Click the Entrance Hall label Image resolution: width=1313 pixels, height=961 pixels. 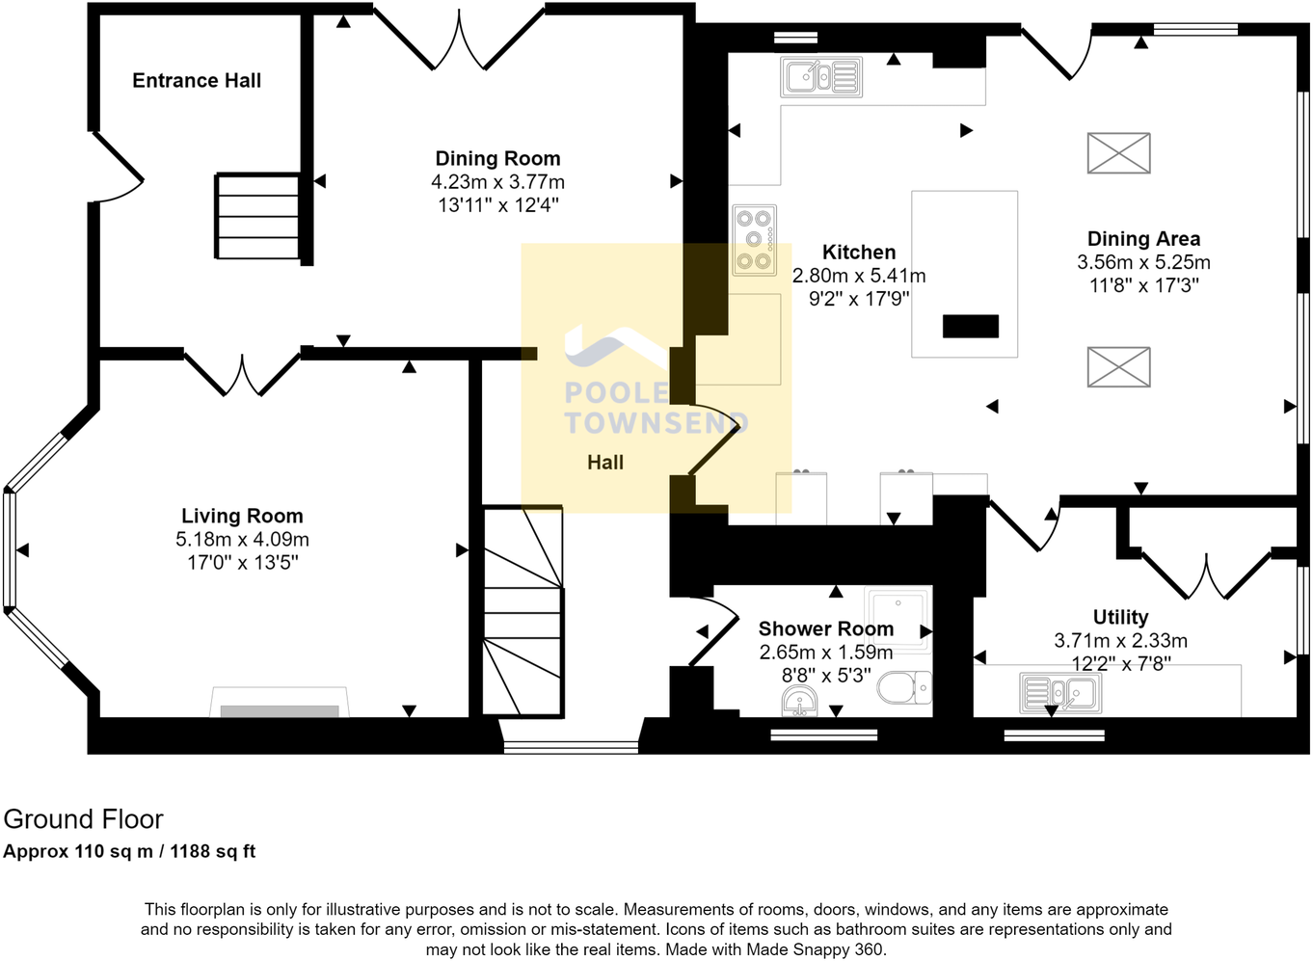click(197, 81)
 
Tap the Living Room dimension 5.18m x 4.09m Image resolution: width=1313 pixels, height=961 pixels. click(242, 540)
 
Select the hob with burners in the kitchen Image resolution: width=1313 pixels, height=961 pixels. click(754, 239)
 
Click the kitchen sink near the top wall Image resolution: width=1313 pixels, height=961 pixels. click(820, 77)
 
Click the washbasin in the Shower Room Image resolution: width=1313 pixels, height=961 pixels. click(799, 702)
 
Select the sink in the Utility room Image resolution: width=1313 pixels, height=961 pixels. click(1060, 692)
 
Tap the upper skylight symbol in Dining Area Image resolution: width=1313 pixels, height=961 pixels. click(1118, 153)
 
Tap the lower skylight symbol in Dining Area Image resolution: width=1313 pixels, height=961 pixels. click(1118, 367)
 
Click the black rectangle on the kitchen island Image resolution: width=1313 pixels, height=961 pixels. click(970, 326)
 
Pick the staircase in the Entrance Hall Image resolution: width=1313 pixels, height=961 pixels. click(257, 217)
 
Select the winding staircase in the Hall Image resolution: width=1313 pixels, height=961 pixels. click(523, 612)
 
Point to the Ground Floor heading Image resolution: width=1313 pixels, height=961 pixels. click(84, 819)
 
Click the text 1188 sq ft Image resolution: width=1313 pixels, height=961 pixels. click(213, 851)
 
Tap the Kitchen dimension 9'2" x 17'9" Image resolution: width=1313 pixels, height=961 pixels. click(859, 299)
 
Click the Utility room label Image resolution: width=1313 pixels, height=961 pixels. click(1120, 617)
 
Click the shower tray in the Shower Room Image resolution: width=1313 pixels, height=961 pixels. click(898, 617)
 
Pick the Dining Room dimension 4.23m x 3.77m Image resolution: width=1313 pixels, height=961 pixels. click(497, 182)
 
